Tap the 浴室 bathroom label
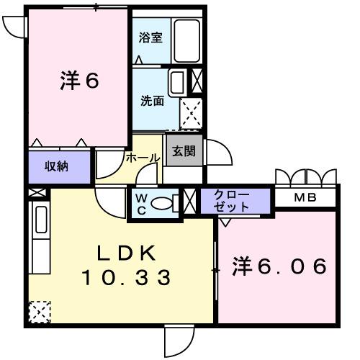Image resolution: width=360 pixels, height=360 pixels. coord(150,37)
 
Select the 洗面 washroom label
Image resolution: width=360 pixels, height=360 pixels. coord(151,101)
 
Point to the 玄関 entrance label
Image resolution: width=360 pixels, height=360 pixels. coord(183,152)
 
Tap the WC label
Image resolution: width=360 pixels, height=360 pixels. coord(140,202)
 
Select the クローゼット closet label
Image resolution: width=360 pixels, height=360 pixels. coord(232,201)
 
